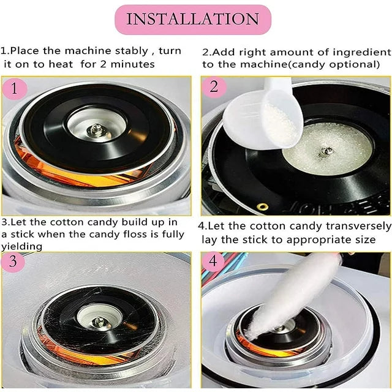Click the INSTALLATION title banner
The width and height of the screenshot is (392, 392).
(193, 19)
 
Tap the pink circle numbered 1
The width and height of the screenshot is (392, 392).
(14, 89)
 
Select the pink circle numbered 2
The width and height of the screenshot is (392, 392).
(214, 87)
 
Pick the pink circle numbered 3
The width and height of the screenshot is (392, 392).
(13, 262)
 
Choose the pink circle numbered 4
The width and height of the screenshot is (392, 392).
(213, 262)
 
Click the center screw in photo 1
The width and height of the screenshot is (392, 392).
(96, 130)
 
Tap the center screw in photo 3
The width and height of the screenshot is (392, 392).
(100, 322)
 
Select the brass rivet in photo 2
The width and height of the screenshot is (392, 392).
(263, 207)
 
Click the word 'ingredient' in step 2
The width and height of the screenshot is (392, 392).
(362, 53)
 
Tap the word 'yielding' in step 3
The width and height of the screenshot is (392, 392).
(21, 246)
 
